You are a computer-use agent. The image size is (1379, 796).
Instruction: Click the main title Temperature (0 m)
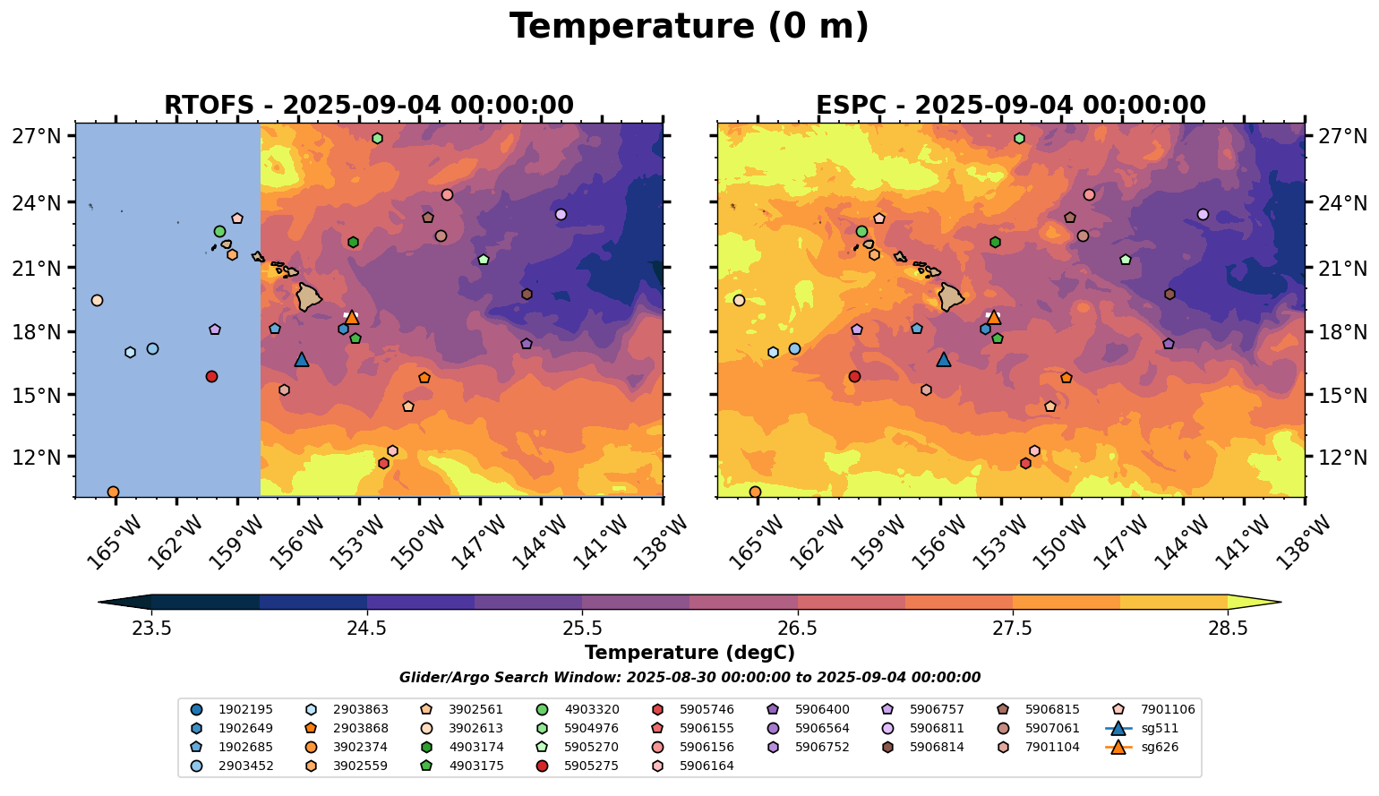689,26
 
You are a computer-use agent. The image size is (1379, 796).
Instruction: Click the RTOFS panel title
368,105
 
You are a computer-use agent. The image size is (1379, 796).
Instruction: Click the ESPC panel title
1010,105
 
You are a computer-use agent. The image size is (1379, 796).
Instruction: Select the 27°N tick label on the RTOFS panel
37,137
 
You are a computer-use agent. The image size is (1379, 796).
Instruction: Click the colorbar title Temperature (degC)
689,653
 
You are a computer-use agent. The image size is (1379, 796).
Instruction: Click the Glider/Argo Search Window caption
689,678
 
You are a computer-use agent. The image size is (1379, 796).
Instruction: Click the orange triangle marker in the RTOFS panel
352,317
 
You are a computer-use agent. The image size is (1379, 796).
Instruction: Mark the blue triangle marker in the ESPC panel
943,359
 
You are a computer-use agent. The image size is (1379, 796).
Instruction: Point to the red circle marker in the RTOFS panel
211,376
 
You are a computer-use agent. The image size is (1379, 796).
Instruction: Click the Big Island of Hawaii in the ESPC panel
950,296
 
